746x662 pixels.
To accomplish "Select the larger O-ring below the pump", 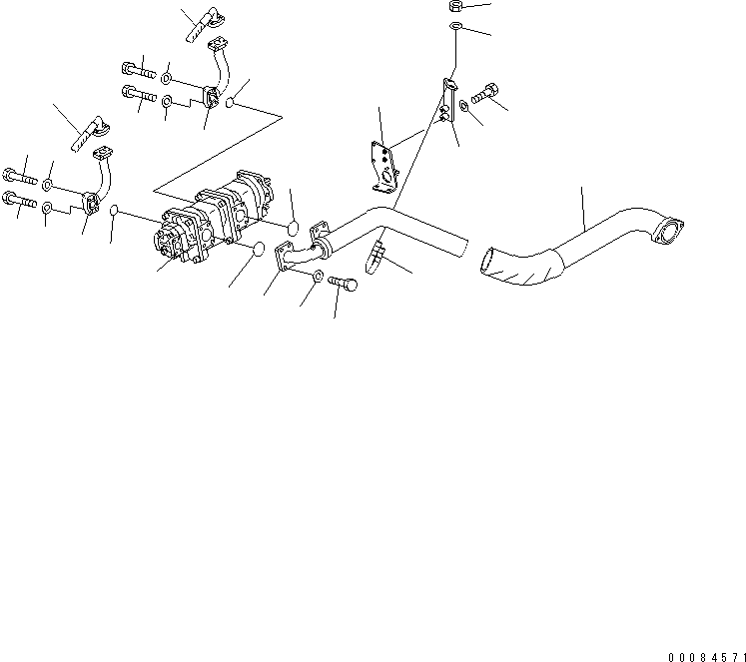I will click(254, 250).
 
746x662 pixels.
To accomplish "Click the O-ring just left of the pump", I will click(115, 211).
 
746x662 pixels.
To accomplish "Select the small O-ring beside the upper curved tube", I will click(233, 102).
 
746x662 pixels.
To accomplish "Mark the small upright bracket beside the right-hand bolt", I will click(448, 102).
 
